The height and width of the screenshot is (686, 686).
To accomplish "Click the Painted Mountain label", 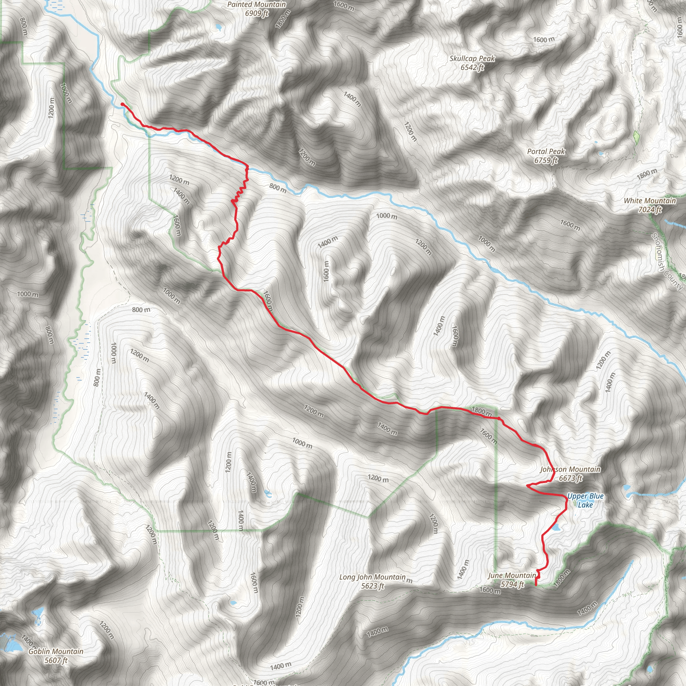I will (256, 5).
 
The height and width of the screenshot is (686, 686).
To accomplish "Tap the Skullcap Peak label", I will (472, 59).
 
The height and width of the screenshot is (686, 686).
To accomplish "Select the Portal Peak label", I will (546, 152).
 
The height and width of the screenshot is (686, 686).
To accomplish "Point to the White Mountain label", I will (650, 201).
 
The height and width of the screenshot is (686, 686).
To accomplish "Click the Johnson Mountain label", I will (570, 469).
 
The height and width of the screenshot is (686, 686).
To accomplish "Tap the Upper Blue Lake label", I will (585, 500).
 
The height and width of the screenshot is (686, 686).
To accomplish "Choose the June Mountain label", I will (512, 575).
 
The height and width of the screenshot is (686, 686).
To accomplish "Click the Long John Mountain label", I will (372, 577).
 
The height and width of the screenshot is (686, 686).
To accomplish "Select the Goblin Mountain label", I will (56, 651).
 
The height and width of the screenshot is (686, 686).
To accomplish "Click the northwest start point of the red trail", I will (122, 104).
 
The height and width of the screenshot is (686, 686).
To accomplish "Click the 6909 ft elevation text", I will (256, 13).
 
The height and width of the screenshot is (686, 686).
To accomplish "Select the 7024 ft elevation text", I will (650, 210).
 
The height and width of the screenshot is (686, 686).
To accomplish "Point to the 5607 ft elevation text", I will (56, 661).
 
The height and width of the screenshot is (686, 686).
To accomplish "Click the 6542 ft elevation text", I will (472, 67).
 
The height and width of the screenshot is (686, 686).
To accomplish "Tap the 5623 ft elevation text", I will (372, 586).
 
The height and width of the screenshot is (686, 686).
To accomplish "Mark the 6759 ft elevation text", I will (546, 160).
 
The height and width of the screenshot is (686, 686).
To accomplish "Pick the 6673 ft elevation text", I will (570, 478).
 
